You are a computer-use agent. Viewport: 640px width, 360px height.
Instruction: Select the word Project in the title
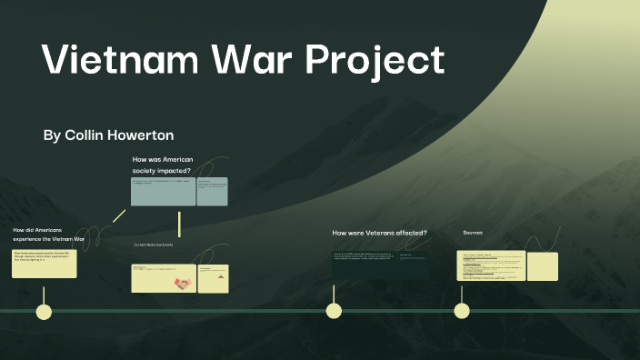[375, 62]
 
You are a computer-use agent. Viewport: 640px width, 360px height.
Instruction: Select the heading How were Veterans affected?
[379, 234]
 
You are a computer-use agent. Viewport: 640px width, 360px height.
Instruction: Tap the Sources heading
[473, 233]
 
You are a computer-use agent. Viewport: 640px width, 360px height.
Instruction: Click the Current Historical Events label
[154, 245]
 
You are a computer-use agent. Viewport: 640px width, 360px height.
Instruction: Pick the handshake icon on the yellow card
[184, 284]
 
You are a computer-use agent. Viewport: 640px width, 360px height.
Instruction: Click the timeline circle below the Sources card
[462, 311]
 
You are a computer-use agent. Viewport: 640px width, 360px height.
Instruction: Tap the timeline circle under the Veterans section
[334, 311]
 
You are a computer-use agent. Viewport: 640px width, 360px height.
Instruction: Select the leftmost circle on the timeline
[43, 312]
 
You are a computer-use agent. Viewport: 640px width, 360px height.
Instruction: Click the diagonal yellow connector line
[118, 215]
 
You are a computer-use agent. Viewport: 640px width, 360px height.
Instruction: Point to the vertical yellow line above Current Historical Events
[180, 224]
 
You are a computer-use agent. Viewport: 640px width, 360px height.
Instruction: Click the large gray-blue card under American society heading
[163, 192]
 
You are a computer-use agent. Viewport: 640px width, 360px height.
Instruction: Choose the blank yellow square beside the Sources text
[542, 266]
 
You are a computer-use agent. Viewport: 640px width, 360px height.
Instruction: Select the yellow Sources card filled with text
[491, 266]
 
